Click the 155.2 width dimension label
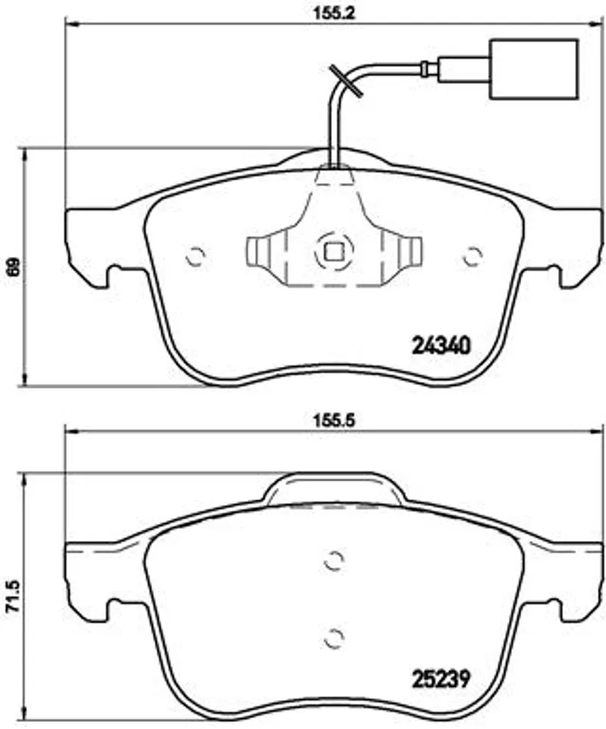[333, 13]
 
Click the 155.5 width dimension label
[333, 421]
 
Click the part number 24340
[442, 346]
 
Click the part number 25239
[442, 679]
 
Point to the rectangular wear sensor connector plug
[534, 69]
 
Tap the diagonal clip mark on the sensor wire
[345, 81]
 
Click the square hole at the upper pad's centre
[333, 252]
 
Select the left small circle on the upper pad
[195, 256]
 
